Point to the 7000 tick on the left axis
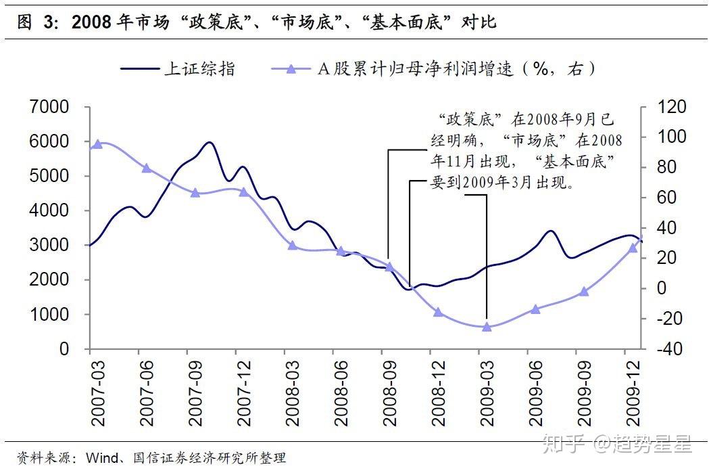click(49, 107)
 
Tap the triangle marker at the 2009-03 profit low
click(487, 326)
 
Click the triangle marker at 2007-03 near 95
click(98, 144)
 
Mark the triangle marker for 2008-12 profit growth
click(438, 312)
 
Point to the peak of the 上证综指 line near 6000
click(209, 143)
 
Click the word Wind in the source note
click(100, 459)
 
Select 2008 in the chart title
click(91, 22)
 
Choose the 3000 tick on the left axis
click(49, 245)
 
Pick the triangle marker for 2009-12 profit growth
click(633, 248)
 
